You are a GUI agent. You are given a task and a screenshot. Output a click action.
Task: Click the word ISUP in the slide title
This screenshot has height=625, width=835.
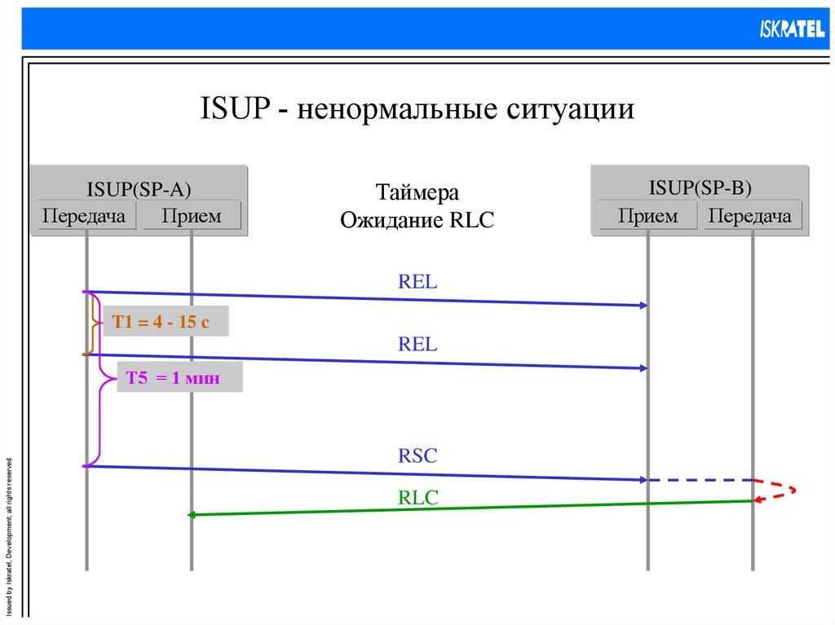tap(236, 108)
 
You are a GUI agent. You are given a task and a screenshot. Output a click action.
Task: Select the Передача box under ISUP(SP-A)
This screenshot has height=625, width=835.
tap(84, 216)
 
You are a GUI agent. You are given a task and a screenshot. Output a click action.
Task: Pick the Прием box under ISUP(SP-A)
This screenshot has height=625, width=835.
tap(191, 216)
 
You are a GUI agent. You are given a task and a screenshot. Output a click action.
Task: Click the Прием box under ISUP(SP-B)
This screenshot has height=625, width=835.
tap(647, 216)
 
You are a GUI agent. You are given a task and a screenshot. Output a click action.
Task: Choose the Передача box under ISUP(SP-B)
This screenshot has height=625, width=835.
tap(750, 216)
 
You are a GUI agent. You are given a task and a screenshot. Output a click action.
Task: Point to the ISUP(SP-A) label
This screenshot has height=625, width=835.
tap(139, 190)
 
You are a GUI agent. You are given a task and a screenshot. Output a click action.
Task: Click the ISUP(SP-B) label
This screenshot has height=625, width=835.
tap(700, 188)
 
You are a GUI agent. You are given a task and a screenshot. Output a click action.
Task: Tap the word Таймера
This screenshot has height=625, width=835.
tap(417, 193)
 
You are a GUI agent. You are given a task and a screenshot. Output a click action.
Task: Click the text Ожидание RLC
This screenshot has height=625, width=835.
tap(417, 220)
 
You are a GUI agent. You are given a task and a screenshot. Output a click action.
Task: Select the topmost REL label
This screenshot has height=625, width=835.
tap(417, 283)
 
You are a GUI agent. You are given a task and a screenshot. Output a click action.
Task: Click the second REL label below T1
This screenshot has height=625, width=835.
tap(417, 345)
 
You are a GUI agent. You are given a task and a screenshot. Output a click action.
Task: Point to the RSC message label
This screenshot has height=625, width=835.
tap(417, 456)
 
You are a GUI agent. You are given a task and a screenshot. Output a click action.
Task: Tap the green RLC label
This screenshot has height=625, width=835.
tap(418, 498)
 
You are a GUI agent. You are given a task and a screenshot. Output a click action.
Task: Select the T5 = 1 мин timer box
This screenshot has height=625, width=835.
tap(179, 378)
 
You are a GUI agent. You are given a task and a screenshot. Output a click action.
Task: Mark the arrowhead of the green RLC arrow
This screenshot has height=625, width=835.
tap(192, 514)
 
